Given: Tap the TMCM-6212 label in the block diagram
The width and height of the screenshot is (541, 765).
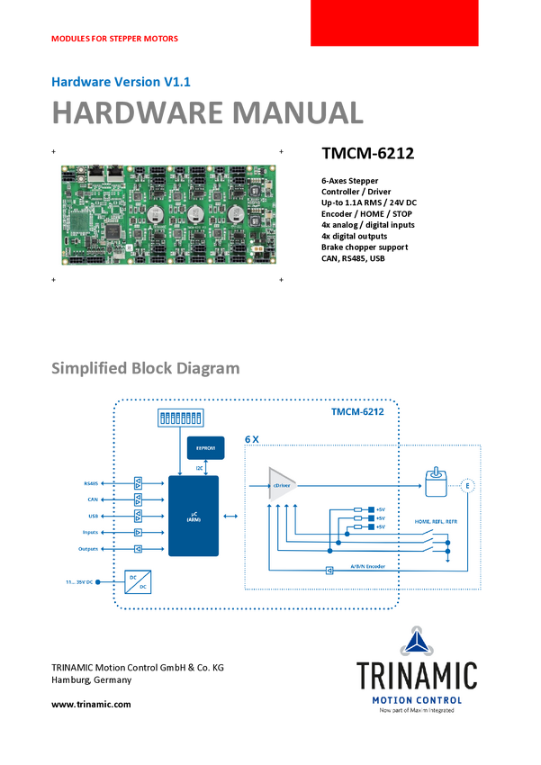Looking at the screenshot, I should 357,413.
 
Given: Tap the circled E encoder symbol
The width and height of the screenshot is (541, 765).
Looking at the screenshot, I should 468,487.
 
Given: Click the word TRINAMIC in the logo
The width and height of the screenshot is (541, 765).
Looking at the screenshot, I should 416,675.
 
